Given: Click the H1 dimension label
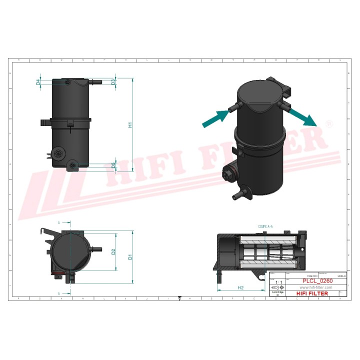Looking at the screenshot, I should (130, 125).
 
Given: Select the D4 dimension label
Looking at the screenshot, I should (38, 82).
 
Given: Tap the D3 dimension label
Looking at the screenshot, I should (113, 82).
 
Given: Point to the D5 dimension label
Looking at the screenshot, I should (113, 165).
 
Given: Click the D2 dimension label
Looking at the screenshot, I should (113, 251).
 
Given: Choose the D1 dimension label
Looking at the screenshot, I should (130, 257).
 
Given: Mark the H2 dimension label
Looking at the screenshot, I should (240, 288).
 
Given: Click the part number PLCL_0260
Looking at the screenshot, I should (317, 281).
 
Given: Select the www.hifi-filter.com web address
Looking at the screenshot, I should (316, 288).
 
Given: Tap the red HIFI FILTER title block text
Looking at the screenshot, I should (312, 293).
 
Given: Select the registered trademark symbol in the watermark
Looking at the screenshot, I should (328, 123).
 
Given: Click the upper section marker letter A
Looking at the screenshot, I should (59, 222).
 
